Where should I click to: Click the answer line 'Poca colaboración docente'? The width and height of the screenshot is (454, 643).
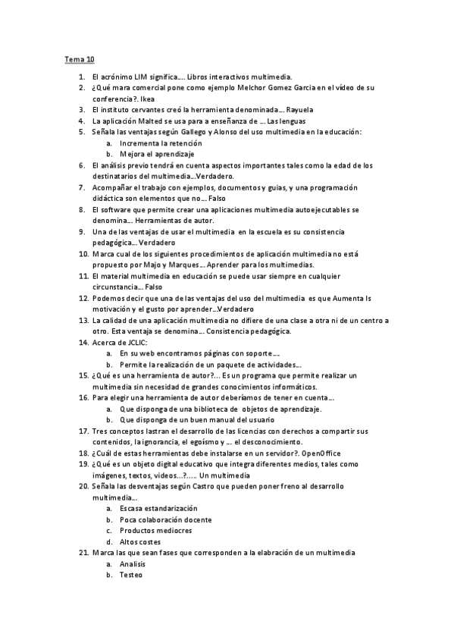[x=165, y=519]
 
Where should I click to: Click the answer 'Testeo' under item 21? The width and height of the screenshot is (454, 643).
[x=132, y=575]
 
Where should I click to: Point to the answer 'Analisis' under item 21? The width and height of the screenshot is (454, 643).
[x=134, y=563]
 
